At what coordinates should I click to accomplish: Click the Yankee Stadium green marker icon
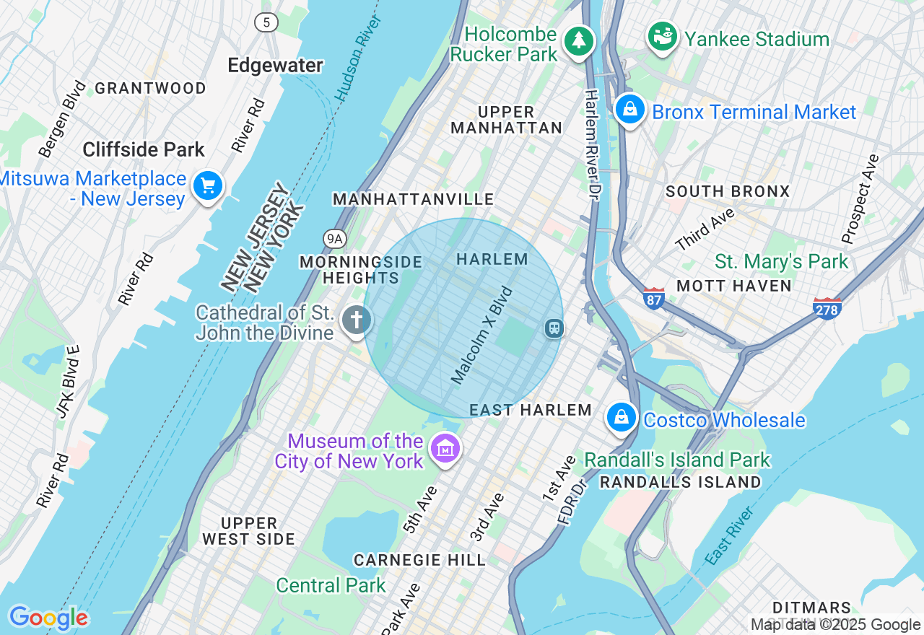[x=662, y=36]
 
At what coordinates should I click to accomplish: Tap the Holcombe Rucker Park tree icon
[x=578, y=40]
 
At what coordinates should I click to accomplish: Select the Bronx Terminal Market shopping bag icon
[x=630, y=110]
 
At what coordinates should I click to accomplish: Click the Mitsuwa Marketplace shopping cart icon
[x=208, y=186]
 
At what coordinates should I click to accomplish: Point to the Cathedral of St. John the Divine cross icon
[x=356, y=320]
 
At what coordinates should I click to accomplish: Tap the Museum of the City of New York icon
[x=445, y=449]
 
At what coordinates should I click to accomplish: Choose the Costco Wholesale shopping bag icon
[x=621, y=417]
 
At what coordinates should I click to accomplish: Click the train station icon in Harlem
[x=554, y=328]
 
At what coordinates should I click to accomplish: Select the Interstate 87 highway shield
[x=653, y=298]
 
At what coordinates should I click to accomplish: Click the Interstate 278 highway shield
[x=827, y=308]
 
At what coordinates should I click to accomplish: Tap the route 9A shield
[x=334, y=238]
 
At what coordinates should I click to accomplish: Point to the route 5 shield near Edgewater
[x=266, y=22]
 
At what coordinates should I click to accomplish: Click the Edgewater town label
[x=275, y=66]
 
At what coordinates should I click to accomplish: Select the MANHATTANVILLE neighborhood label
[x=413, y=199]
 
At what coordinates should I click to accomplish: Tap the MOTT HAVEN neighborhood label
[x=734, y=286]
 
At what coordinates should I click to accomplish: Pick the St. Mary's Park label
[x=781, y=261]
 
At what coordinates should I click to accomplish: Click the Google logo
[x=48, y=618]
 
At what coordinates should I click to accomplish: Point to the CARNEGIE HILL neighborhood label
[x=419, y=560]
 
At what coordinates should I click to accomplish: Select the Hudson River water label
[x=357, y=57]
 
